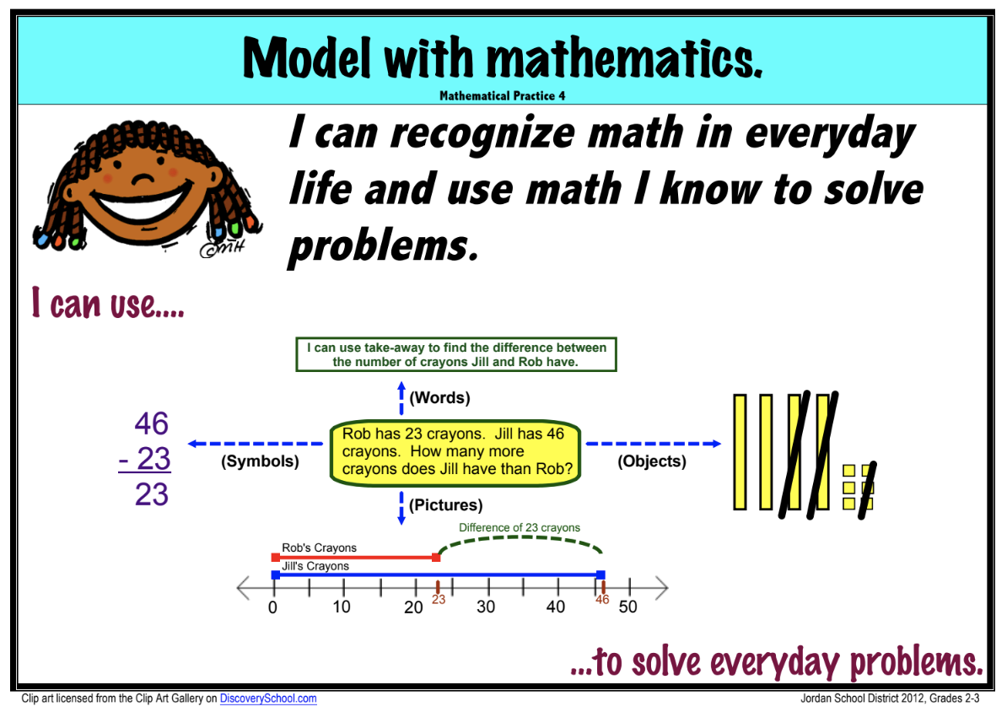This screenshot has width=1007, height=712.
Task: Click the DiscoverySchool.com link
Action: tap(268, 699)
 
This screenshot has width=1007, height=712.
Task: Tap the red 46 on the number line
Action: tap(602, 600)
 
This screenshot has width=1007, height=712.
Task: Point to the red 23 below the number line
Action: tap(439, 600)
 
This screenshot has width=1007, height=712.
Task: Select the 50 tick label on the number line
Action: tap(627, 607)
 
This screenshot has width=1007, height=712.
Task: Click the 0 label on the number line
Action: tap(273, 607)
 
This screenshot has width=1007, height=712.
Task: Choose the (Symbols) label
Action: tap(260, 462)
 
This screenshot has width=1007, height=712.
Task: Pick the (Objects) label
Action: tap(652, 461)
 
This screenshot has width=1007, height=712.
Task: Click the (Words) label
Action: tap(439, 397)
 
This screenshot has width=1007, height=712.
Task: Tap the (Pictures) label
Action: tap(445, 505)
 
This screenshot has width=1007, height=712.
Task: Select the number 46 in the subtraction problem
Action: tap(152, 424)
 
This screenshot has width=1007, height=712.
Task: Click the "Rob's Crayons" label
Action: tap(319, 548)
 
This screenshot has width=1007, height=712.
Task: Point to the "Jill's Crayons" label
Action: tap(315, 566)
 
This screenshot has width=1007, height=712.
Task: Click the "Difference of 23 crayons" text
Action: tap(520, 528)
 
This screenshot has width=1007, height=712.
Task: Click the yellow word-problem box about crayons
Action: tap(455, 453)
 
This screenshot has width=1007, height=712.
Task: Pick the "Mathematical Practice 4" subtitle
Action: tap(502, 96)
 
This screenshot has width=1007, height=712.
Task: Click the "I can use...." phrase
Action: tap(108, 303)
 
